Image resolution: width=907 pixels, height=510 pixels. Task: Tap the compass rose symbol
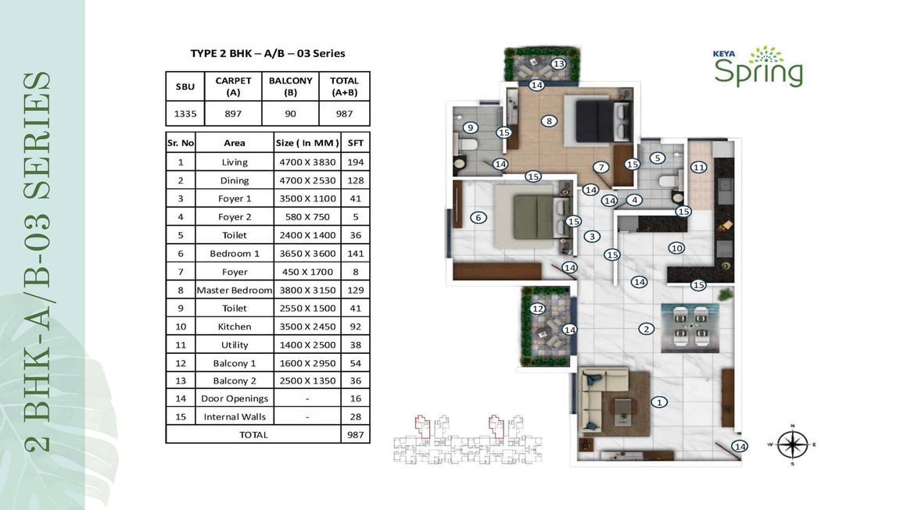coord(793,444)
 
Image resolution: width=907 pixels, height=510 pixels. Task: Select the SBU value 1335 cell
coord(185,114)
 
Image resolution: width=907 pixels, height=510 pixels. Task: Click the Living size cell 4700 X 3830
coord(307,162)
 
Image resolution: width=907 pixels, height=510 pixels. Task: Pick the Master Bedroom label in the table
coord(235,290)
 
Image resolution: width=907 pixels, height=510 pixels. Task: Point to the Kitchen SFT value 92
coord(355,326)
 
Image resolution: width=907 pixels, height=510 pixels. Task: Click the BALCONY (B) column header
coord(290,87)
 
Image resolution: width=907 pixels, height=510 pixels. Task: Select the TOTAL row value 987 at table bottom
coord(355,435)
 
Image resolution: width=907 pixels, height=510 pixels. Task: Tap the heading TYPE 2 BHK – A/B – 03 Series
coord(268,53)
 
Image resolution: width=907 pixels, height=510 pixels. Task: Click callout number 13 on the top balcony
coord(558,63)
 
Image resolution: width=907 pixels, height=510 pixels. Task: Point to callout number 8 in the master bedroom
coord(549,121)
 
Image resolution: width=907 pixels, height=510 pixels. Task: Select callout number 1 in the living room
coord(659,402)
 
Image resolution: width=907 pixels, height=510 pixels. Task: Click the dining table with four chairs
coord(690,327)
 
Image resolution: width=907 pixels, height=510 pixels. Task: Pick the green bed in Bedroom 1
coord(534,216)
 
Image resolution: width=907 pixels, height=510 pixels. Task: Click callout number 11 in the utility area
coord(699,167)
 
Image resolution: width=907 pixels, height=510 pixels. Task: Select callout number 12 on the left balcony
coord(538,308)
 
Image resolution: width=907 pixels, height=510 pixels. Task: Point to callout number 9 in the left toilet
coord(470,127)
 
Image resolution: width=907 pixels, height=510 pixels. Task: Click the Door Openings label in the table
coord(235,398)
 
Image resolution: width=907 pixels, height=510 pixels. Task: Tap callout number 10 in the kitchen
coord(676,248)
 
